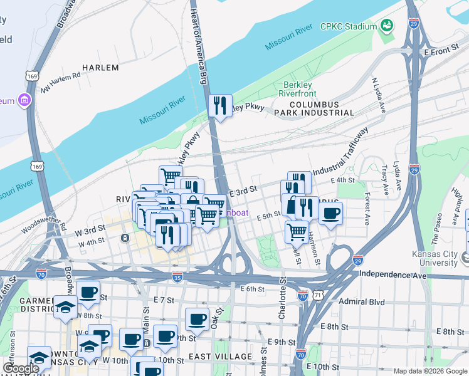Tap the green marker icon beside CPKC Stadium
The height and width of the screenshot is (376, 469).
tap(387, 26)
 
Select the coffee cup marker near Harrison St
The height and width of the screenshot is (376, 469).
tap(330, 213)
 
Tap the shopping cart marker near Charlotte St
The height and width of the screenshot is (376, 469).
tap(297, 232)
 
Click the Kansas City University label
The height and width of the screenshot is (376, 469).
tap(438, 258)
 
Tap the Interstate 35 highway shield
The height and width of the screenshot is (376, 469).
tap(178, 276)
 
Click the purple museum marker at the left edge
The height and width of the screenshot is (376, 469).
tap(24, 100)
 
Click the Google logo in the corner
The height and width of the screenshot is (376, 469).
tap(21, 369)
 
